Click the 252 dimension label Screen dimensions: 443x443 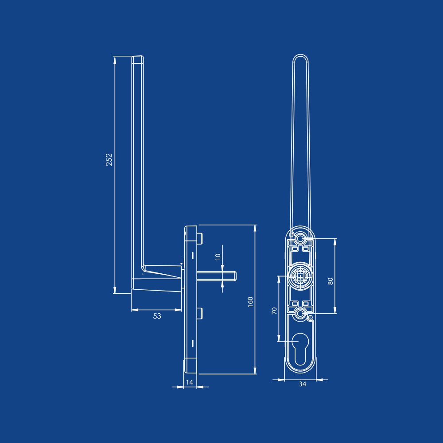click(x=109, y=159)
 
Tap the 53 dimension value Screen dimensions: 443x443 click(x=157, y=316)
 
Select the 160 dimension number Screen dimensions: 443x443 click(x=250, y=302)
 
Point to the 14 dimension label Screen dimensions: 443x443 click(x=190, y=382)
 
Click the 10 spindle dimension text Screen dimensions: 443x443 click(x=218, y=257)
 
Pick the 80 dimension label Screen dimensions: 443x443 click(x=330, y=281)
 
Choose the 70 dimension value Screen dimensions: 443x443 click(x=274, y=311)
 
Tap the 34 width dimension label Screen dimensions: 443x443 click(x=303, y=384)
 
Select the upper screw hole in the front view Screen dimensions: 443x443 click(x=300, y=239)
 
